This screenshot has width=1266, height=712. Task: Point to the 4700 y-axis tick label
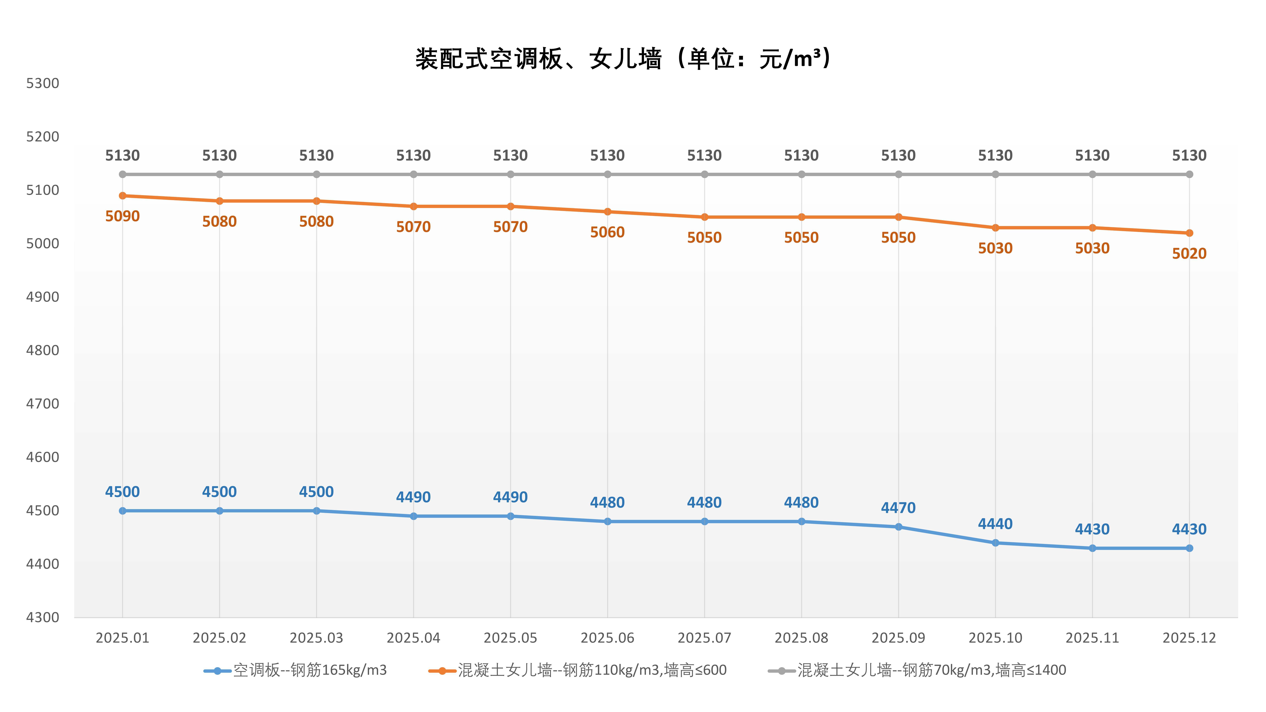coord(43,404)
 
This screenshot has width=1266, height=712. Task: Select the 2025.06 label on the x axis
coord(607,638)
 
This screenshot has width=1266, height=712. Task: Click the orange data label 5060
coord(607,232)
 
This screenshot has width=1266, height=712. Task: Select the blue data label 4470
coord(898,508)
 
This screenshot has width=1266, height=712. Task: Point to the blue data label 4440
coord(995,524)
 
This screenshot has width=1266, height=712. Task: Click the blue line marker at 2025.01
coord(122,511)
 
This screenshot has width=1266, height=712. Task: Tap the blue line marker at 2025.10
coord(995,543)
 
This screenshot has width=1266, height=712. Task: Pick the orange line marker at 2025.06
coord(607,212)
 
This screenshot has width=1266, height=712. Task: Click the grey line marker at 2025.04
coord(413,174)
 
